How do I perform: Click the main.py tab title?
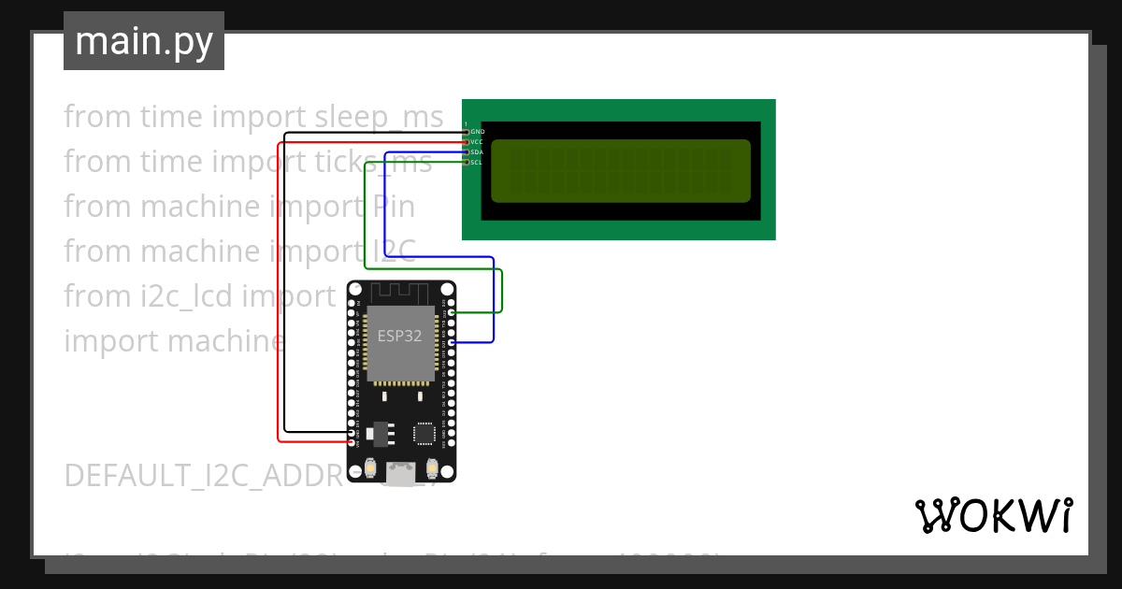(x=144, y=41)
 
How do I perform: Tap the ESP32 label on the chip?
(x=400, y=336)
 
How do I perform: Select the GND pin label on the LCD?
(x=478, y=132)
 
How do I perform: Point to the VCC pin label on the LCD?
(x=478, y=142)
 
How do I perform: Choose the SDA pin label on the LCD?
(x=478, y=152)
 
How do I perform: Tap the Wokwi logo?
(x=994, y=515)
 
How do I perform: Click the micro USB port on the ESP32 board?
(x=401, y=474)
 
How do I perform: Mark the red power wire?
(x=279, y=299)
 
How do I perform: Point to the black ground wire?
(x=285, y=280)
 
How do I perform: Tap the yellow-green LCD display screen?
(x=620, y=170)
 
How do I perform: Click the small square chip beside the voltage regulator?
(x=424, y=433)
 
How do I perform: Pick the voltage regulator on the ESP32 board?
(x=380, y=433)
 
